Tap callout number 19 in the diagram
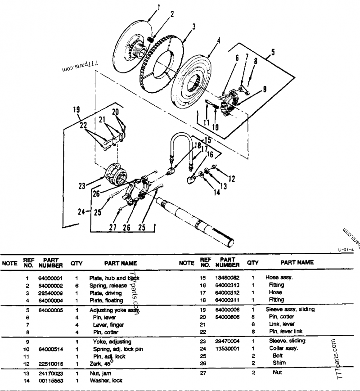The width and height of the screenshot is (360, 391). (x=76, y=108)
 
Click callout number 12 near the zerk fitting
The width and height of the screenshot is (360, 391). (x=232, y=179)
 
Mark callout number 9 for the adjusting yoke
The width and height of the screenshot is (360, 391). (x=264, y=89)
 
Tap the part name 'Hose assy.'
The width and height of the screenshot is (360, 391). (x=279, y=278)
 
